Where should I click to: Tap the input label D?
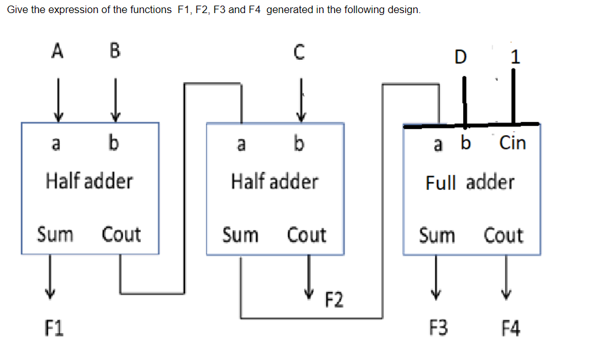(460, 57)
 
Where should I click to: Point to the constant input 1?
(514, 57)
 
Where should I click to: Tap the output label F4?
(511, 326)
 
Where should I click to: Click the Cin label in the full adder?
(513, 143)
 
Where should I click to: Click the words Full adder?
(470, 182)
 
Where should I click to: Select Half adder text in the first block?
(89, 181)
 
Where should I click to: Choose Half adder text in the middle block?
(274, 181)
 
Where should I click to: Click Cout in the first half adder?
(122, 235)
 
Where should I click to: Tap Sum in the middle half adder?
(241, 235)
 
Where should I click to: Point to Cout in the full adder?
(504, 235)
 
